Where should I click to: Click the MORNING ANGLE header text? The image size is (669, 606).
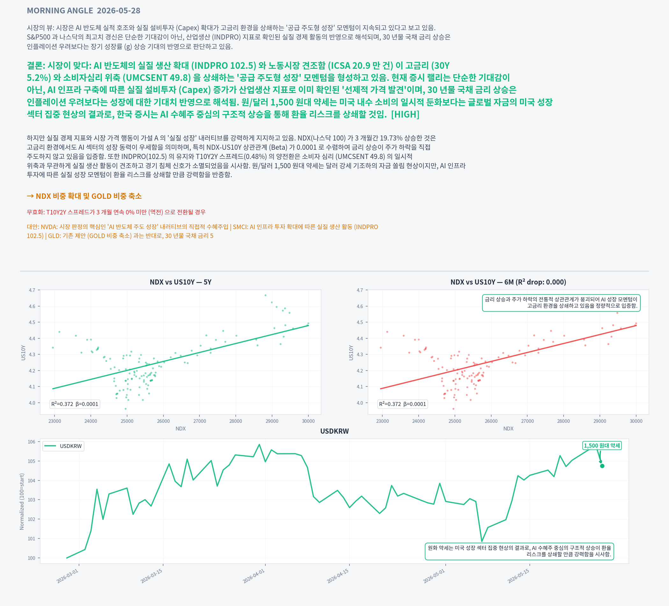click(60, 11)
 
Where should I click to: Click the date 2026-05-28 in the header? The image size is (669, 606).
click(119, 11)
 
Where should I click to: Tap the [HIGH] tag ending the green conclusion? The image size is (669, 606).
click(405, 114)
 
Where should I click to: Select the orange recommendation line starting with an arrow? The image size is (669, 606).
click(84, 196)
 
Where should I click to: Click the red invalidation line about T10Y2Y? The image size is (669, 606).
click(116, 212)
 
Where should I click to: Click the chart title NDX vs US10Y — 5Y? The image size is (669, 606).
click(181, 282)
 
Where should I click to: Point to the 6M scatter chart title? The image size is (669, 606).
click(508, 282)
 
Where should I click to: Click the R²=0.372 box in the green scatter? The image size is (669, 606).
click(75, 404)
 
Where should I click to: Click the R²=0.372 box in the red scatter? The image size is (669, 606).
click(403, 404)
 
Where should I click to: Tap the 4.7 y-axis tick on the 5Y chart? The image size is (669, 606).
click(32, 290)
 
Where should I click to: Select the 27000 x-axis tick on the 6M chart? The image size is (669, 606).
click(527, 421)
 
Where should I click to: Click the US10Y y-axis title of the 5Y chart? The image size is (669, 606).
click(23, 352)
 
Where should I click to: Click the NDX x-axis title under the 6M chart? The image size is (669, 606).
click(508, 429)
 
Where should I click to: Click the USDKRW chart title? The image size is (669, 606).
click(334, 431)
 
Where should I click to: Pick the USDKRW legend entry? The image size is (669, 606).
click(63, 446)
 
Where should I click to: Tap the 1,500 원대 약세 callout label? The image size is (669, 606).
click(602, 446)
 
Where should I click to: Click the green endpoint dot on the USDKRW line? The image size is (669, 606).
click(602, 466)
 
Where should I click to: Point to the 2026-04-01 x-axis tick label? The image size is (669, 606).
click(254, 576)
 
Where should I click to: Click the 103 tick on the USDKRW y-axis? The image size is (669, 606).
click(32, 500)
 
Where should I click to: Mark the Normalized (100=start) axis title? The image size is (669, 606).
click(22, 501)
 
